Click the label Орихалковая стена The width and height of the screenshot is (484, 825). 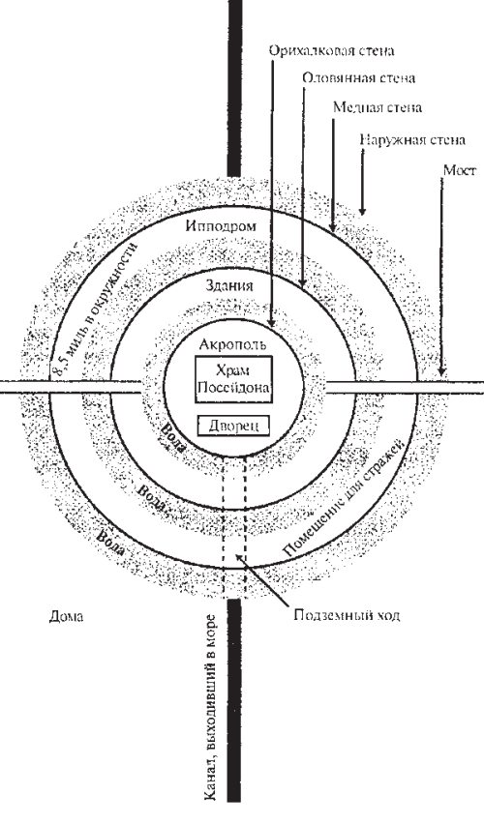click(x=331, y=50)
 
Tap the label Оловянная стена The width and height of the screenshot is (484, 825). click(x=359, y=78)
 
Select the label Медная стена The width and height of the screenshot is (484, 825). click(x=378, y=107)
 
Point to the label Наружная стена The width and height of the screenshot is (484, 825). click(x=412, y=140)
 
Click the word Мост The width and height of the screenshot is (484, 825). click(x=460, y=170)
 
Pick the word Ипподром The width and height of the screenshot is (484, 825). click(x=222, y=226)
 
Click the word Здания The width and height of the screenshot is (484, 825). click(x=228, y=286)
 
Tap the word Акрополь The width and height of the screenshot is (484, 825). click(x=232, y=344)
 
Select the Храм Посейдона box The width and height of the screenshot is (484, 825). click(x=233, y=379)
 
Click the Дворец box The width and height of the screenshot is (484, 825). click(x=233, y=426)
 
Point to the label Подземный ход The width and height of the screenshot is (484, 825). click(x=348, y=615)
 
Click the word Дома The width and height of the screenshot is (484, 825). click(x=67, y=617)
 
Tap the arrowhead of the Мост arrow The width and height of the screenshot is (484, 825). click(x=441, y=373)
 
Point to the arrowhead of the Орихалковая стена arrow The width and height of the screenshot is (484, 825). click(x=271, y=324)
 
